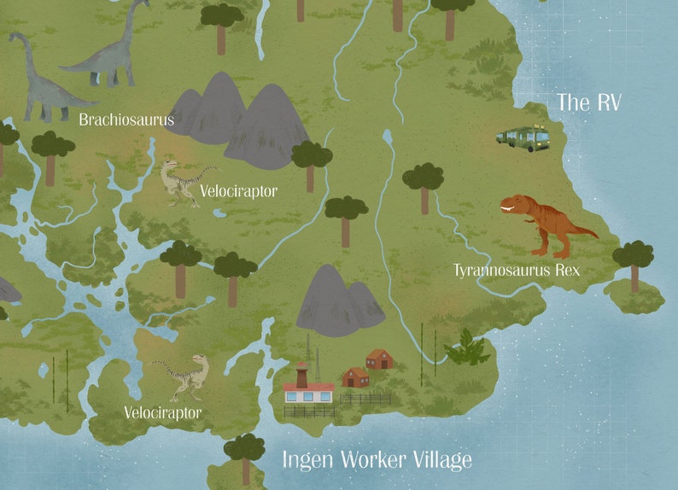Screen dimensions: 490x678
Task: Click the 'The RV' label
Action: [x=588, y=102]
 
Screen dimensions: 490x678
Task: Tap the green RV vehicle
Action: [x=523, y=138]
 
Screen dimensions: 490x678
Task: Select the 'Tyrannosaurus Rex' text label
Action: [x=516, y=271]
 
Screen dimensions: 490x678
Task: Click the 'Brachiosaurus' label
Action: [x=126, y=120]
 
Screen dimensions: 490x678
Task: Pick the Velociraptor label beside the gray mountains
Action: [x=238, y=191]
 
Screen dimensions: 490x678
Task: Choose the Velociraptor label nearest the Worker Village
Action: [x=162, y=413]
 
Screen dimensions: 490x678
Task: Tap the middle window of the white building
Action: [x=308, y=395]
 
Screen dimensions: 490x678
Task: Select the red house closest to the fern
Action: [x=379, y=359]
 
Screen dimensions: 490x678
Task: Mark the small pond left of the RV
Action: [x=388, y=136]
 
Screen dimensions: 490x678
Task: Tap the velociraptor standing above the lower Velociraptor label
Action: [x=183, y=376]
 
